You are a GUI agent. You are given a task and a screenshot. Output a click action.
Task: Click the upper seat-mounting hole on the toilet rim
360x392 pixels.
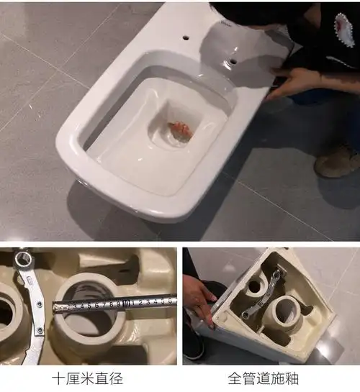coord(186,38)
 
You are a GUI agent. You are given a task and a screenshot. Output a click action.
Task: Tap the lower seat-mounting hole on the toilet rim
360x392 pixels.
coord(233,61)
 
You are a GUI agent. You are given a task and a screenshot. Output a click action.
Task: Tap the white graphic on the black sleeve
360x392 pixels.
coord(344,30)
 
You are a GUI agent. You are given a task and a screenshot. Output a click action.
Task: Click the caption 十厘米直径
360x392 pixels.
coord(88,378)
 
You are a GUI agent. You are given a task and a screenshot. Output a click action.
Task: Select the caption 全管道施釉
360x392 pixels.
coord(264,378)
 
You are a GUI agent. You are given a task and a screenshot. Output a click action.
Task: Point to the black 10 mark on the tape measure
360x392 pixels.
coord(127,304)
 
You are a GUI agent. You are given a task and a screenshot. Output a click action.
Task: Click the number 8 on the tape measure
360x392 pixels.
coord(111,304)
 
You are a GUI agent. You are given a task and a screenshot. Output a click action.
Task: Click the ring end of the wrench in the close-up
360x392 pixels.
coord(23,260)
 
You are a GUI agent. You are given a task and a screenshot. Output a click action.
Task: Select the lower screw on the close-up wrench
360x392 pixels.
coord(40,330)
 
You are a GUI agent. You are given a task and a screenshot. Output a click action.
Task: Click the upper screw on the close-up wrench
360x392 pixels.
coord(40,304)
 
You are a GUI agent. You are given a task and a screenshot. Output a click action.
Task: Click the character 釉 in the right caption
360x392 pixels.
coord(292,378)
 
